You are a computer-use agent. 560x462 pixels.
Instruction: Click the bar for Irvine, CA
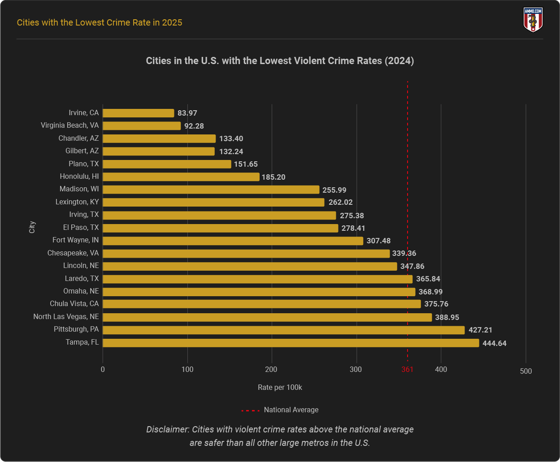(139, 113)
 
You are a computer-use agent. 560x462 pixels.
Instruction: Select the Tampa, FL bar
(291, 343)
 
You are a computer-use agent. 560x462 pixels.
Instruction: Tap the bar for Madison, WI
(211, 190)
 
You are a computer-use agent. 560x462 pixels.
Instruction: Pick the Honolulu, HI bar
(181, 177)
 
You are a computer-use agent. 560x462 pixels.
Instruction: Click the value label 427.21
(480, 330)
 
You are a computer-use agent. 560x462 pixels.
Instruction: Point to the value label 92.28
(194, 126)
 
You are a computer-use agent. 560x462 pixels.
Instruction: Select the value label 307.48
(378, 241)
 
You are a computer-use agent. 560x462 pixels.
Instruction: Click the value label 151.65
(246, 164)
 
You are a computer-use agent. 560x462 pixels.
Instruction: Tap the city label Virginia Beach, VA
(69, 125)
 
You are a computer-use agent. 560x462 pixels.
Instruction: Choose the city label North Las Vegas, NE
(66, 317)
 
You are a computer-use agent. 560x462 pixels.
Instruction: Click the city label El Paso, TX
(81, 228)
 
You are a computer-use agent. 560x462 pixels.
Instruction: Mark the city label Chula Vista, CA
(74, 304)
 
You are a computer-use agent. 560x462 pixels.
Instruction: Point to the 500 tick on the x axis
(525, 371)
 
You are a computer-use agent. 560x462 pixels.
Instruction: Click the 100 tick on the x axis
(187, 370)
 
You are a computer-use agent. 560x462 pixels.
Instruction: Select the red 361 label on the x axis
(407, 370)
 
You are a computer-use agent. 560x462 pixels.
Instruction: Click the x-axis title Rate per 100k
(280, 387)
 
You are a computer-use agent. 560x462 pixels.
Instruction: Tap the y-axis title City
(32, 227)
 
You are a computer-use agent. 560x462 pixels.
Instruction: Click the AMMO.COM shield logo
(533, 20)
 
